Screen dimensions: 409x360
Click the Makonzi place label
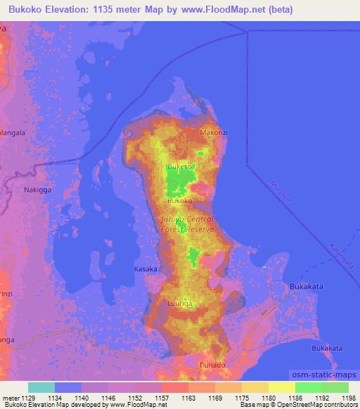click(x=214, y=132)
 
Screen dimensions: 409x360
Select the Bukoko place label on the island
click(x=179, y=200)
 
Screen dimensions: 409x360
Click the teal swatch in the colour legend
click(x=41, y=387)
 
